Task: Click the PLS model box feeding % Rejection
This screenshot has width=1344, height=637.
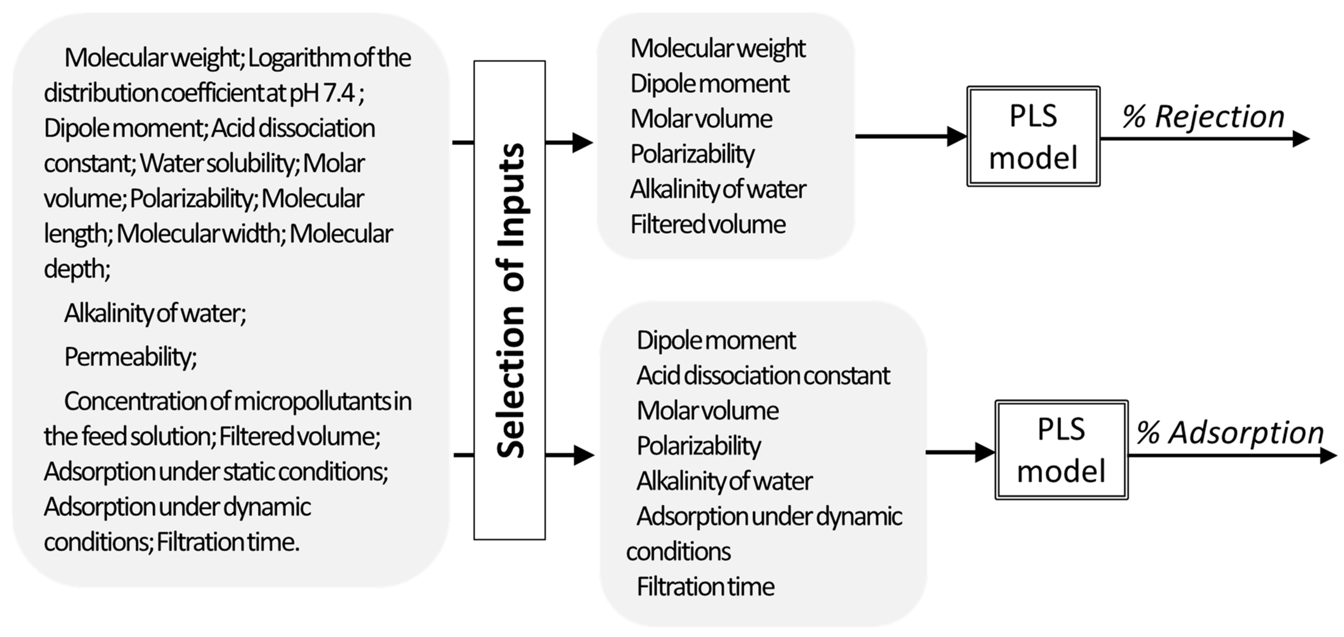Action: click(1033, 137)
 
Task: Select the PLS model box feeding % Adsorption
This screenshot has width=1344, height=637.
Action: click(1061, 450)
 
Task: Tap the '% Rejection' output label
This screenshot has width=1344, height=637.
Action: click(1203, 117)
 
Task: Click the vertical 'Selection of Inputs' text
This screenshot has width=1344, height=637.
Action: click(510, 300)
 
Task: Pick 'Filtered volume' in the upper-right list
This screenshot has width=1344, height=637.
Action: click(708, 225)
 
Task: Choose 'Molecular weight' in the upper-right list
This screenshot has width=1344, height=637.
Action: click(718, 49)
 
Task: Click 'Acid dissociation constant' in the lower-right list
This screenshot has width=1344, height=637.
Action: click(763, 376)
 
